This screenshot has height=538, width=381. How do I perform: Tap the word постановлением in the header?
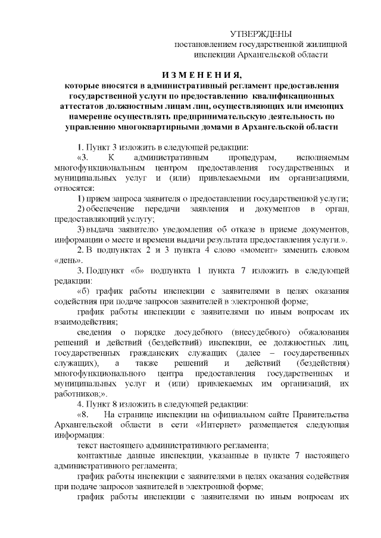(x=205, y=44)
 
